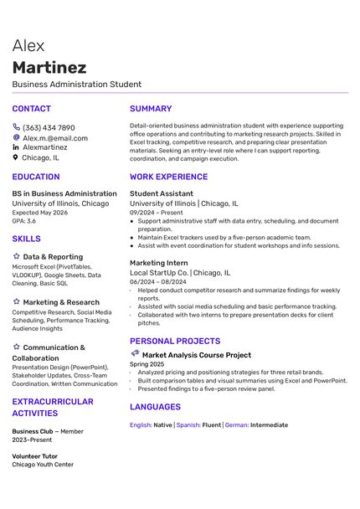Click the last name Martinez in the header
coord(49,67)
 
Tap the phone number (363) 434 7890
coord(49,128)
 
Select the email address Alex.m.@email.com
coord(54,138)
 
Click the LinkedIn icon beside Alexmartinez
coord(16,147)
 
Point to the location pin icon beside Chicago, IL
coord(16,157)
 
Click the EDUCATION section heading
coord(36,177)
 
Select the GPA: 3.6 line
coord(23,221)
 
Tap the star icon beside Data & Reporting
coord(16,257)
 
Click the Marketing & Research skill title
coord(61,302)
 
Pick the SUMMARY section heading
coord(151,109)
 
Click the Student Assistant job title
coord(161,193)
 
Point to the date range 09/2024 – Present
coord(156,213)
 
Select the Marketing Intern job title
coord(159,263)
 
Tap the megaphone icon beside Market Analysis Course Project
coord(135,354)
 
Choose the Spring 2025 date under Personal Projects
coord(147,364)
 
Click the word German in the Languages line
coord(237,425)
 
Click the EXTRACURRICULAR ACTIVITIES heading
coord(53,408)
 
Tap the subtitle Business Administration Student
coord(77,85)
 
